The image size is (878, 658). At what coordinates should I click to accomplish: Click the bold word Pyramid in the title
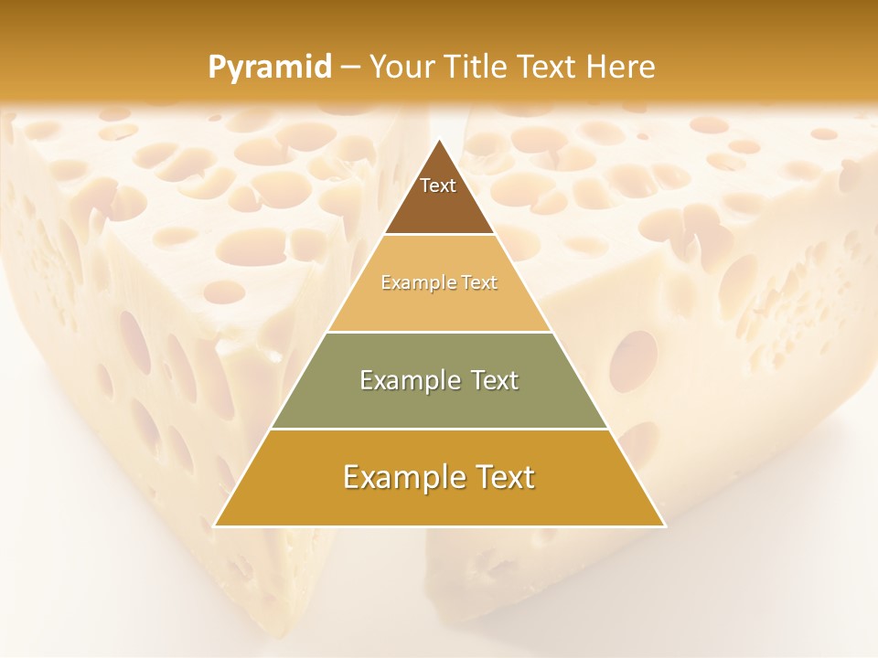[270, 67]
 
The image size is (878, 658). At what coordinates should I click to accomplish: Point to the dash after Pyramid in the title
[350, 68]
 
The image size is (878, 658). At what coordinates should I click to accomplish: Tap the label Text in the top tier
[438, 186]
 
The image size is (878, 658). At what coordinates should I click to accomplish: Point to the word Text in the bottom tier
[505, 477]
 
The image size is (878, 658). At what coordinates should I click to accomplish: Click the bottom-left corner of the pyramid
[214, 526]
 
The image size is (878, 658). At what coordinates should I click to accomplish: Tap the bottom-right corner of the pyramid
[665, 526]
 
